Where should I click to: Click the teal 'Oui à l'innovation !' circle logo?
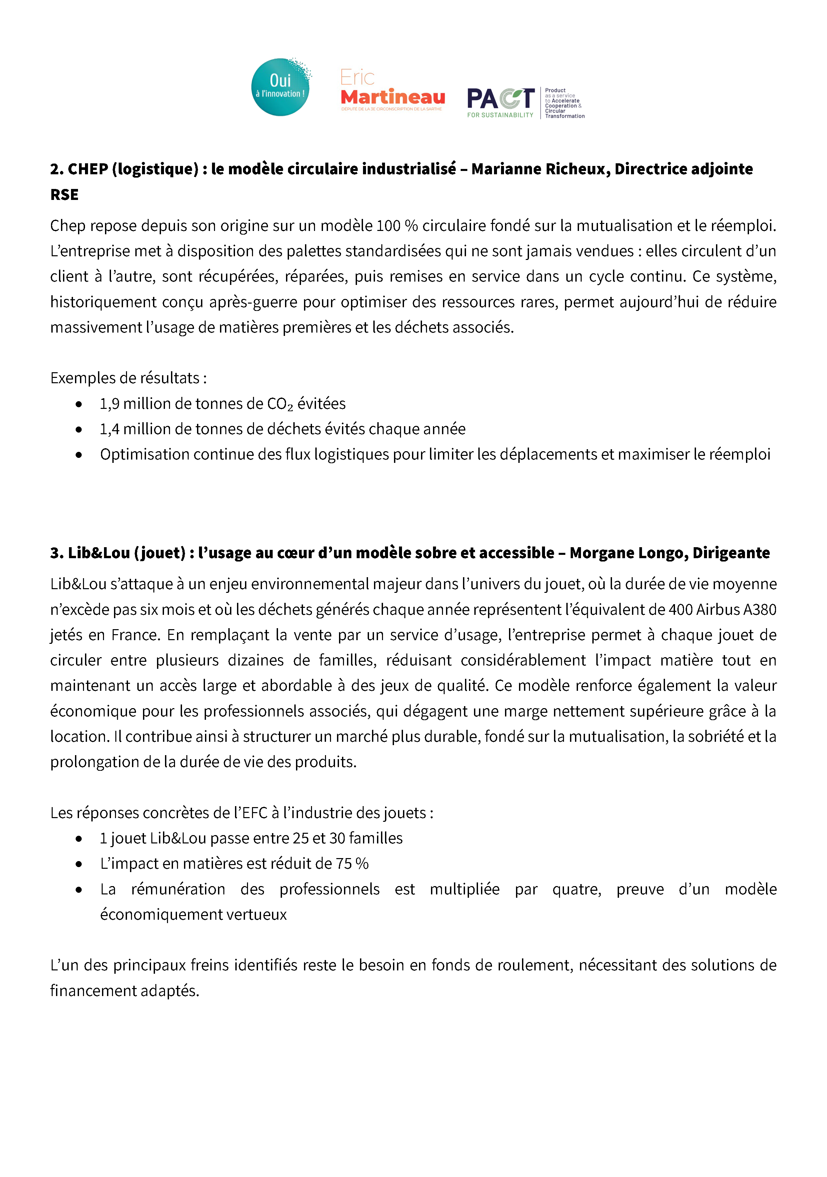[280, 87]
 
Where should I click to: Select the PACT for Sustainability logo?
[526, 103]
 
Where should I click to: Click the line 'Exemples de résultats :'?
[129, 378]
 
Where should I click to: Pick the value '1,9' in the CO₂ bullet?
[109, 404]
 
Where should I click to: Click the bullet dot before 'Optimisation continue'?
[78, 455]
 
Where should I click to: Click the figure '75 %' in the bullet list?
[352, 864]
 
